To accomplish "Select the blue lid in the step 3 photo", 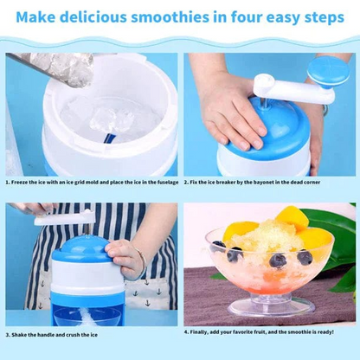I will pyautogui.click(x=87, y=251).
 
